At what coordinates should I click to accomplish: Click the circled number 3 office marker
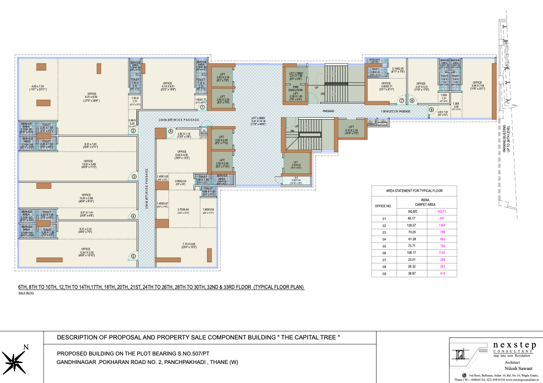point(134,176)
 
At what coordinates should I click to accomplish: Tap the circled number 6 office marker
point(170,132)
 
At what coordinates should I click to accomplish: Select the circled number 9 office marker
point(431,109)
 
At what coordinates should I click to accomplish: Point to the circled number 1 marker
point(202,107)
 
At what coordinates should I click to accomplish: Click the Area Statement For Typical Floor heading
point(414,191)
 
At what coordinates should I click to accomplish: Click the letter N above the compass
point(26,347)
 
